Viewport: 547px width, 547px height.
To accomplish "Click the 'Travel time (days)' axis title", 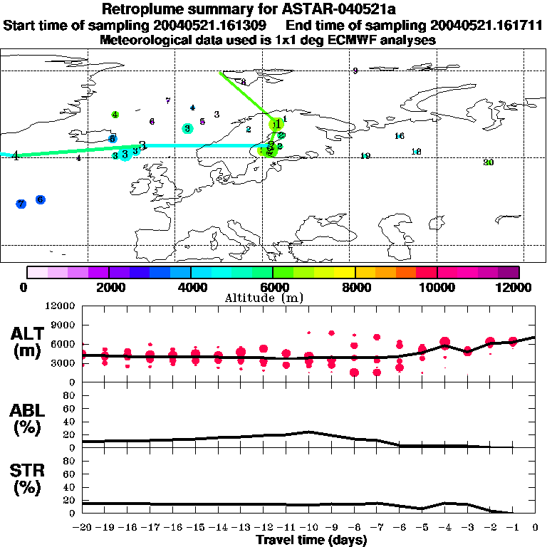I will tap(311, 540).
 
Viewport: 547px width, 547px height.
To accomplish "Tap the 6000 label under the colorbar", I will tap(273, 287).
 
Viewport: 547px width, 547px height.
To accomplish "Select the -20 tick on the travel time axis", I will tap(84, 528).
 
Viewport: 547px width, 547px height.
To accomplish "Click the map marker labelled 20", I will tap(488, 162).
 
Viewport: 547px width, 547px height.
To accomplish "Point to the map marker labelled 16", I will tap(400, 136).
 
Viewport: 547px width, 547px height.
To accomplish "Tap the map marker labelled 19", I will tap(365, 156).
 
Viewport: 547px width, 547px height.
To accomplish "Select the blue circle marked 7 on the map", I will tap(21, 204).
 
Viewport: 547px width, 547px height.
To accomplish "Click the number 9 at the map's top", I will tap(355, 71).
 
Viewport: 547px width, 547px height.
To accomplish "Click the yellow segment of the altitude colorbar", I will tap(345, 272).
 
